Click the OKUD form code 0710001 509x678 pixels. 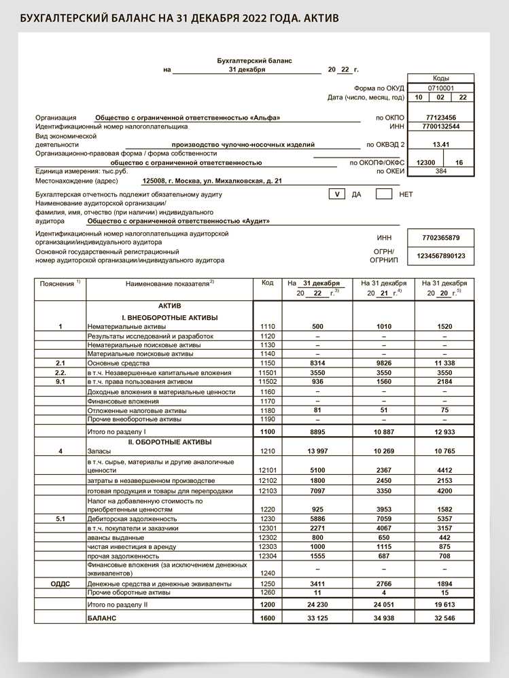pos(440,88)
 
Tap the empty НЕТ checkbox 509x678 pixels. pos(384,194)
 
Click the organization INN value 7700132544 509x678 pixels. pos(440,126)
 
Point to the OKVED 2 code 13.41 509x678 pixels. pos(440,145)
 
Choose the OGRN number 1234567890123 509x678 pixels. pos(440,255)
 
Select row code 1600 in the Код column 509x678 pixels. pos(267,618)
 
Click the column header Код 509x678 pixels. pos(267,283)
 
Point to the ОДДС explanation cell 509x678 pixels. pos(60,584)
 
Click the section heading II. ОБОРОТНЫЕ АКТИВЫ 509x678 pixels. pos(169,442)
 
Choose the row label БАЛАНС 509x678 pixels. pos(102,618)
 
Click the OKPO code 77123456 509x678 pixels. pos(440,118)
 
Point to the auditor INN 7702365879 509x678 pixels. pos(440,238)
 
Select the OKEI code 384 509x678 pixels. pos(440,171)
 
